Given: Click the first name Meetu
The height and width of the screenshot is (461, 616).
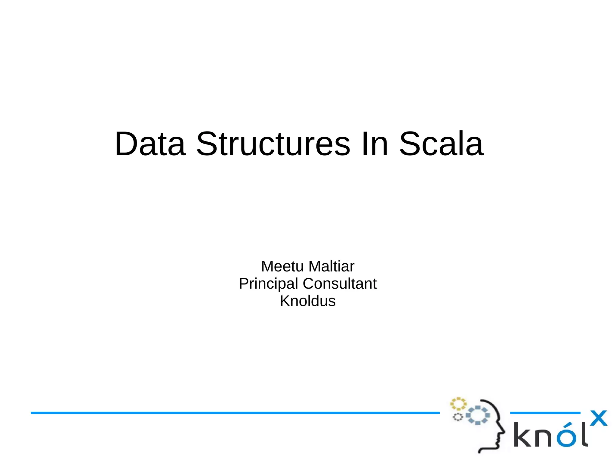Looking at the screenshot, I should [x=282, y=266].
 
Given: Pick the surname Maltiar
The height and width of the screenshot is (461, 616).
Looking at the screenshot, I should [x=331, y=266].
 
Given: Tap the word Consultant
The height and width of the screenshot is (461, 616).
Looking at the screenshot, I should [x=340, y=284].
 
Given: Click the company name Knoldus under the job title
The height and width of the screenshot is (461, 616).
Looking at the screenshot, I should [x=308, y=301].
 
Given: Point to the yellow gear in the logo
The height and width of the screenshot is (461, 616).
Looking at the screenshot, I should [x=458, y=404].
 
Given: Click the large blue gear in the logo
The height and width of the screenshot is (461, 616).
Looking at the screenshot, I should [x=478, y=415].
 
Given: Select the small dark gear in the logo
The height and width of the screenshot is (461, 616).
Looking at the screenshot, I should [x=458, y=417].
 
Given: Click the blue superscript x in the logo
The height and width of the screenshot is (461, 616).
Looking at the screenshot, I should [x=598, y=418].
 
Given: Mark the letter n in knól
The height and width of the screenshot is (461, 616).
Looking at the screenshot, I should [x=544, y=437].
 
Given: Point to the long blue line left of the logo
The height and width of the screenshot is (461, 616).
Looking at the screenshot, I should [x=235, y=413].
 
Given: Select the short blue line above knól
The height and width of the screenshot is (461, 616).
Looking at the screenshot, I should [x=545, y=413].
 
